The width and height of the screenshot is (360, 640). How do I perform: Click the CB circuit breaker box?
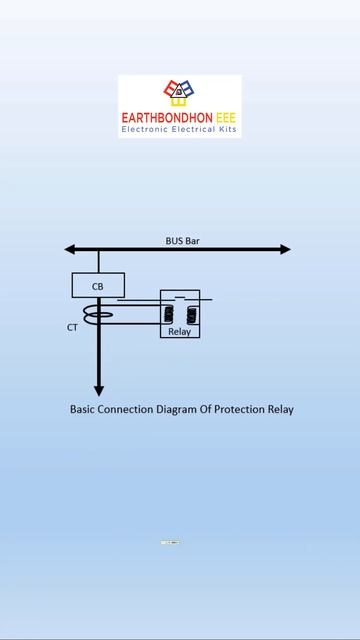coord(98,285)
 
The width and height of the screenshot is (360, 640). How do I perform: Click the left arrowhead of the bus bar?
coord(70,249)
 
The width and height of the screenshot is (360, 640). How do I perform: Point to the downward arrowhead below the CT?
coord(98,390)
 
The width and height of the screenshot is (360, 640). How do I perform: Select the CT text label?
coord(72,327)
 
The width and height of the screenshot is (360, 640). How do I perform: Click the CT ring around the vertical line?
coord(98,316)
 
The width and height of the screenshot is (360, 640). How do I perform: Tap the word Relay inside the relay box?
coord(179,331)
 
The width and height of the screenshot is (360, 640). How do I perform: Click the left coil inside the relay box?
coord(169,315)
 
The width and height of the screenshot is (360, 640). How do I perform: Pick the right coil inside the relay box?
coord(190,315)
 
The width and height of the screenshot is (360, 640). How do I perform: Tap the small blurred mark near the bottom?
coord(170,542)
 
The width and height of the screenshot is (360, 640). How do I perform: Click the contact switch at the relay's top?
coord(180,298)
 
